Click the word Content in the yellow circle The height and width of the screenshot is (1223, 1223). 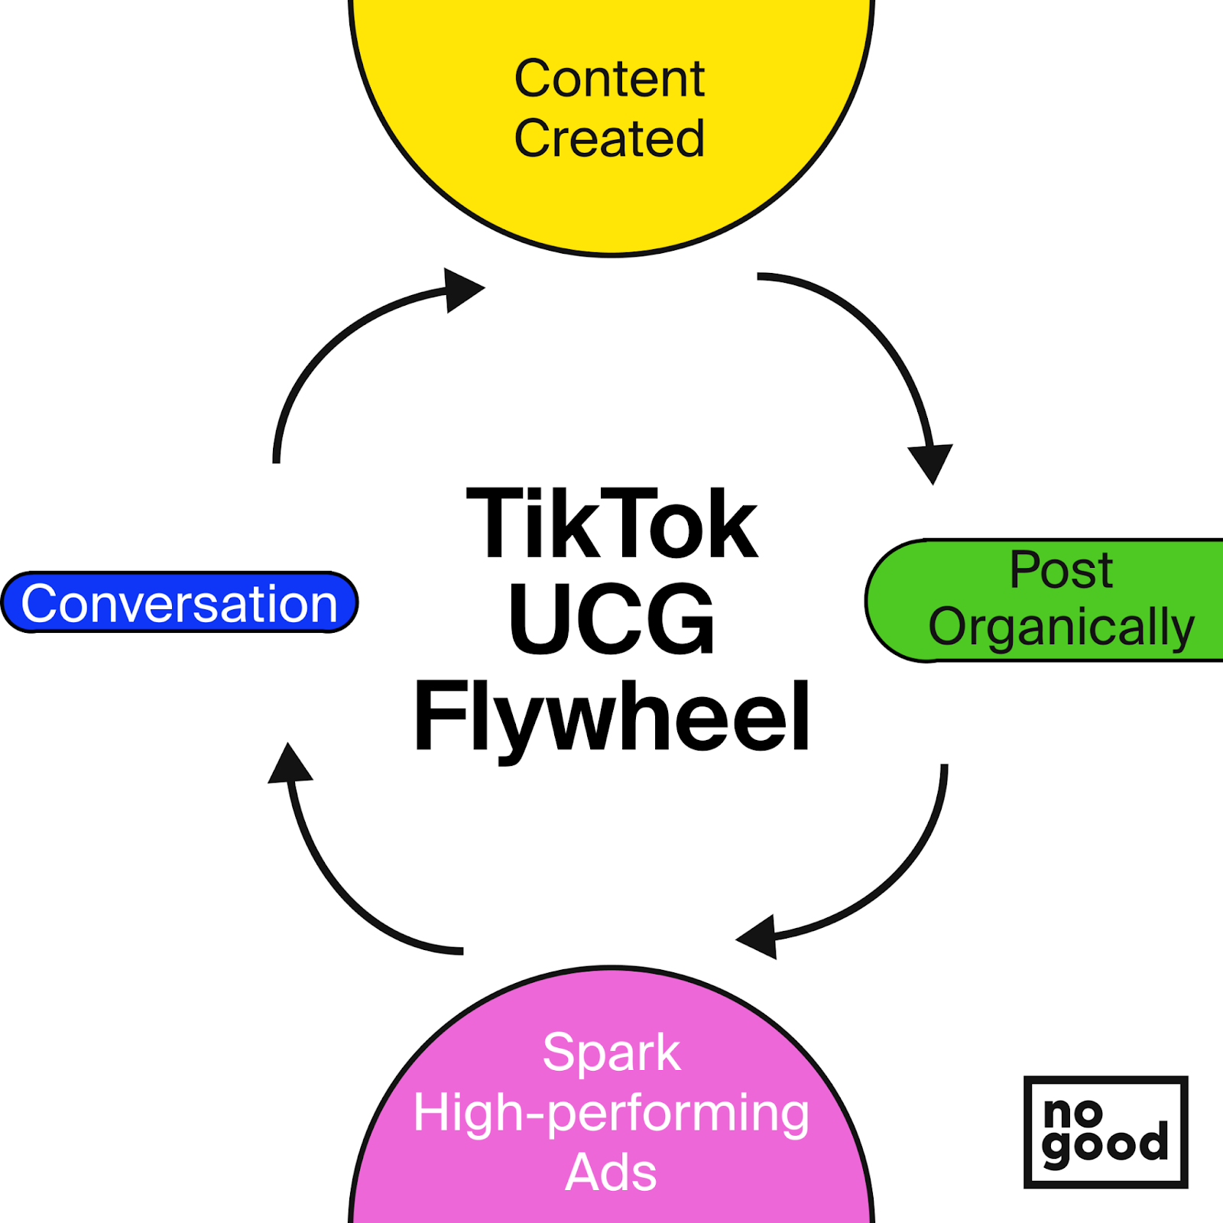(x=609, y=79)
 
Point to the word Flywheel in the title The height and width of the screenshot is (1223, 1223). (x=611, y=717)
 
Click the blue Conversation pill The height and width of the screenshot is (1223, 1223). (x=180, y=603)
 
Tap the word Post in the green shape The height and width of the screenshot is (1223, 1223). (x=1061, y=569)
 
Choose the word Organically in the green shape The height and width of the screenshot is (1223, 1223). (x=1061, y=627)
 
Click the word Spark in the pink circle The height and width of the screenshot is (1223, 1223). (x=611, y=1053)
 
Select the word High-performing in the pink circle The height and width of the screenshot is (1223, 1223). (x=611, y=1112)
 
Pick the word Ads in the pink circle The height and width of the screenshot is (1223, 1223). (x=611, y=1172)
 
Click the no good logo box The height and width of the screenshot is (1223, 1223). (x=1105, y=1131)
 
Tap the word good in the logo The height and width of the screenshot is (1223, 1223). (x=1105, y=1145)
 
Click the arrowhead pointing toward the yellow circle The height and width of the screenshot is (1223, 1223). (x=461, y=290)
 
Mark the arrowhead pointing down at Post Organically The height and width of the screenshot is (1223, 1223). (x=931, y=461)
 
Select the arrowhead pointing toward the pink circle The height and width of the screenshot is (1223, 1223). (x=759, y=936)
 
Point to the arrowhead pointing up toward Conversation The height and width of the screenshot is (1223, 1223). (x=290, y=765)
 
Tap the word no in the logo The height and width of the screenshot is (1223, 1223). (x=1073, y=1114)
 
